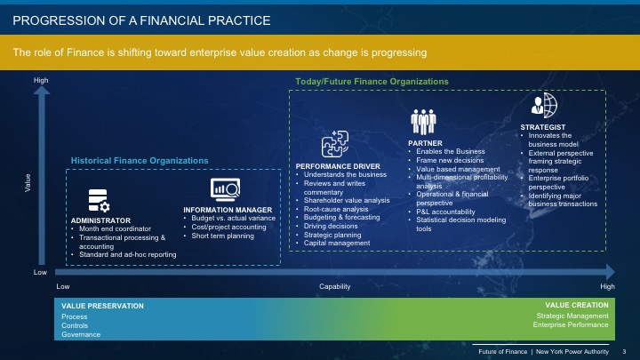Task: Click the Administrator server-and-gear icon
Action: (98, 199)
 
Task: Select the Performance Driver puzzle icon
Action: (339, 142)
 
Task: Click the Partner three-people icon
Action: (422, 121)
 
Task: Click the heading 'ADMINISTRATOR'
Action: (100, 220)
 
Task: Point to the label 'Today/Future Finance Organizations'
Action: (372, 82)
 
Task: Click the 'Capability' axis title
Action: (336, 286)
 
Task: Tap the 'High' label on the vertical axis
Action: (41, 81)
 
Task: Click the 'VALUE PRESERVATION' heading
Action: (96, 306)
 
